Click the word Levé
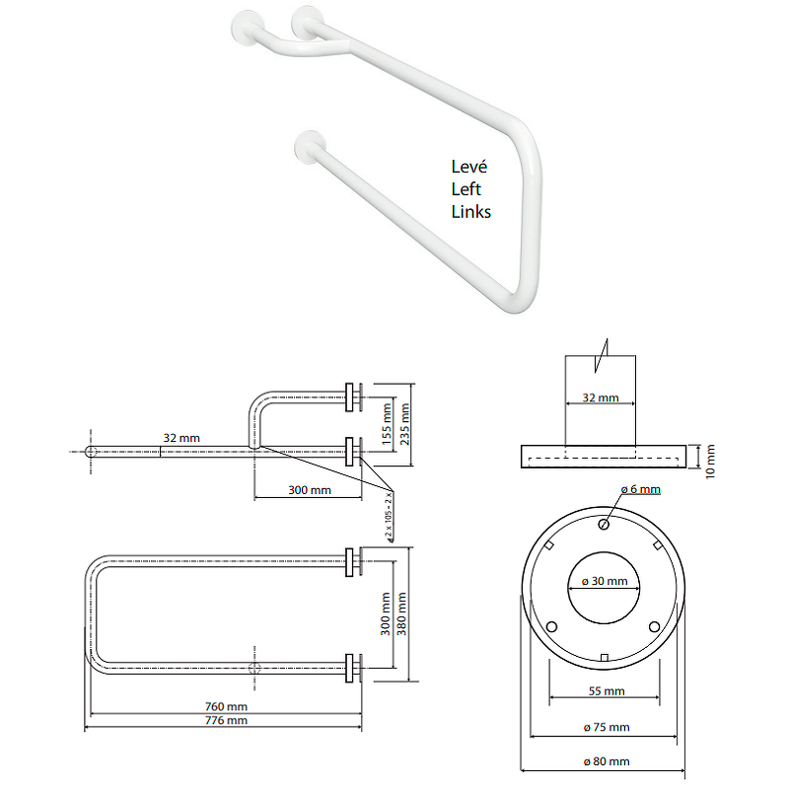[x=469, y=167]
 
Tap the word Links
[x=471, y=212]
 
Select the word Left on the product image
[x=466, y=189]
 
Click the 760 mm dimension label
[x=226, y=706]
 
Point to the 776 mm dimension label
[x=226, y=721]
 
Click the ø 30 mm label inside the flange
[x=605, y=581]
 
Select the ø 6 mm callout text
[x=640, y=489]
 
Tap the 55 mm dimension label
[x=607, y=691]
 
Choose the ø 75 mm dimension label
[x=607, y=727]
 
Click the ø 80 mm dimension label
[x=607, y=761]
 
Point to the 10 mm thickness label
[x=709, y=462]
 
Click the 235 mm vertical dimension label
[x=404, y=424]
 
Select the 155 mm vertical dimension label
[x=387, y=424]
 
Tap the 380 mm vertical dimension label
[x=401, y=613]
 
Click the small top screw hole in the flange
[x=604, y=525]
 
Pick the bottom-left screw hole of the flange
[x=551, y=627]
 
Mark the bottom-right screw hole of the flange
[x=654, y=627]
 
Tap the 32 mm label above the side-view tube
[x=181, y=438]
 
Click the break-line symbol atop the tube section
[x=602, y=356]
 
